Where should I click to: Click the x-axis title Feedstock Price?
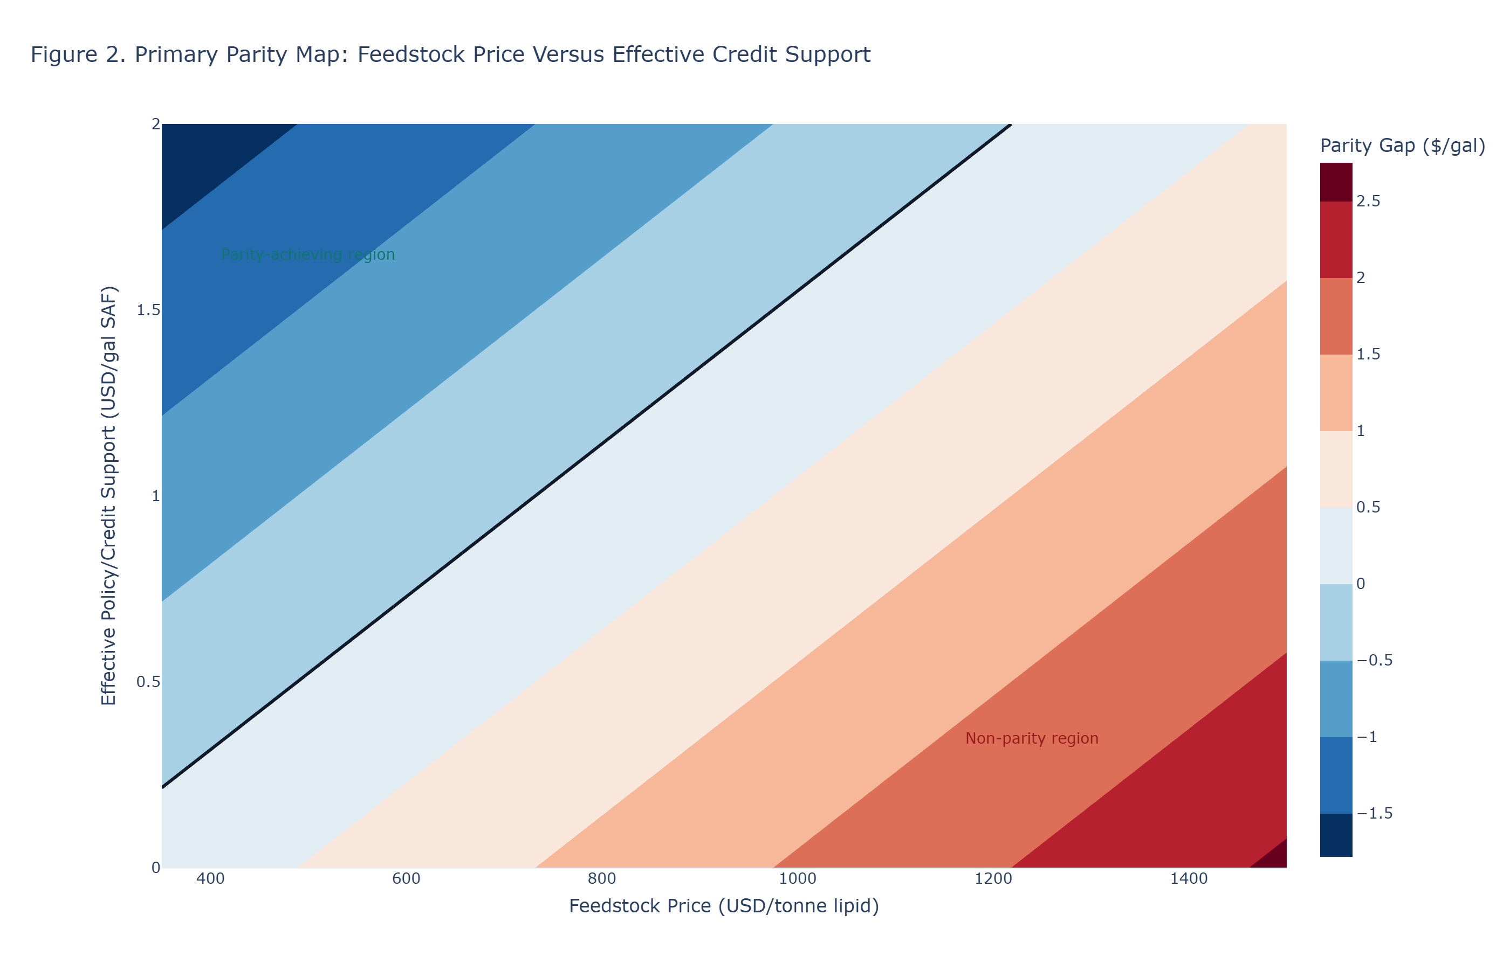[724, 906]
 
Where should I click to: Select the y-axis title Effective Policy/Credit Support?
[109, 495]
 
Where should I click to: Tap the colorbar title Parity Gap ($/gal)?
[1402, 146]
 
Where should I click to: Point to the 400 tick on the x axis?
[210, 879]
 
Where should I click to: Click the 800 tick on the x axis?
[602, 879]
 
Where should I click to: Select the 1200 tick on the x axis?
[993, 879]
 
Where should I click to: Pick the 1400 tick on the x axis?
[1189, 879]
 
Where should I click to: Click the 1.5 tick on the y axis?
[148, 310]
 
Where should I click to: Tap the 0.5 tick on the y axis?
[148, 682]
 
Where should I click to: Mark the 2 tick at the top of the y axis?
[155, 124]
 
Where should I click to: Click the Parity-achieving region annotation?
[307, 254]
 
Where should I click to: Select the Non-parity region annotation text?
[1032, 738]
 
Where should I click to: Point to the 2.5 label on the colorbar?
[1368, 202]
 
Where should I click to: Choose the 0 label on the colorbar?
[1361, 584]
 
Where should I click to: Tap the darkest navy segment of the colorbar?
[1336, 835]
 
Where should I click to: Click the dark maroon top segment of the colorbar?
[1336, 182]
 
